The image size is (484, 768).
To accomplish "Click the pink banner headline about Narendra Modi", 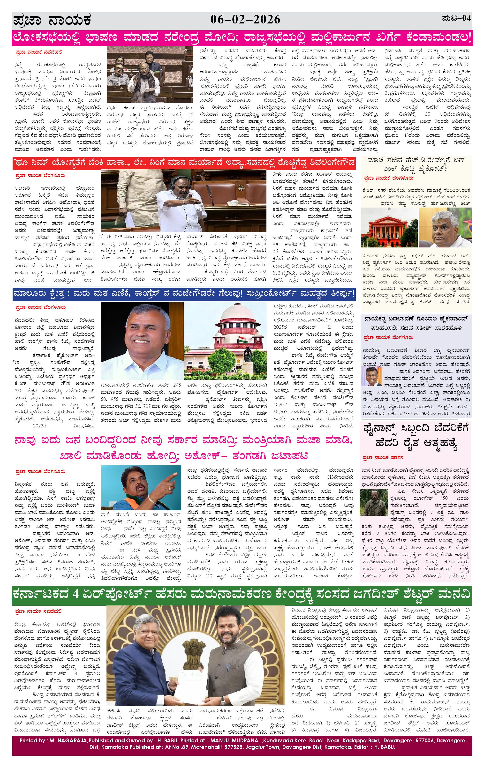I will pos(242,38).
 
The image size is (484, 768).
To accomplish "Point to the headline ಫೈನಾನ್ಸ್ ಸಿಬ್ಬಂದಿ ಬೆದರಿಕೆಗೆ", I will pos(415,428).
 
